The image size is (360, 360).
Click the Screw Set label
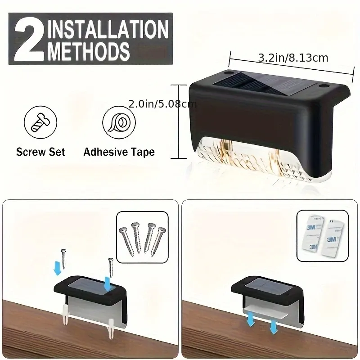40,152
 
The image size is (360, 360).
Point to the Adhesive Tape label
119,152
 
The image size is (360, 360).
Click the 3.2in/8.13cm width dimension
292,58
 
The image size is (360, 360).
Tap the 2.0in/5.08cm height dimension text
162,104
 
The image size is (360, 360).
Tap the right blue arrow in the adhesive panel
272,326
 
